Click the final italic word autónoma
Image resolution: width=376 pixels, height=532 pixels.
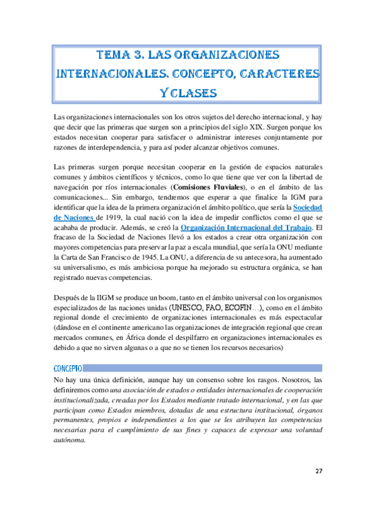(70, 440)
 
